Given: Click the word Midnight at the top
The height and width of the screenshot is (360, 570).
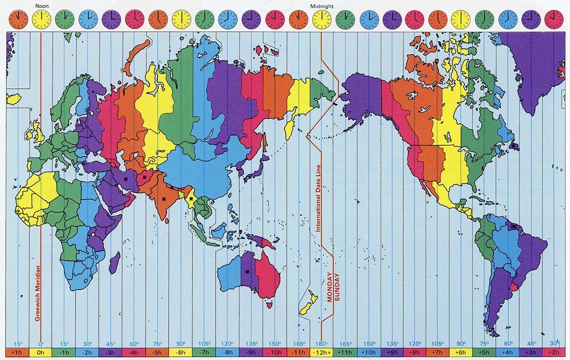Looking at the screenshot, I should pos(322,6).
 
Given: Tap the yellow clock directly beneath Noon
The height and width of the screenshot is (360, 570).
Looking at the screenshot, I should pos(42,19).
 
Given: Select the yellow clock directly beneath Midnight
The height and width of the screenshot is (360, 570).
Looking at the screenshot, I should pos(322,19).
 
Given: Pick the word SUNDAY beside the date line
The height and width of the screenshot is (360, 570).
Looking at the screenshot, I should pos(337,288).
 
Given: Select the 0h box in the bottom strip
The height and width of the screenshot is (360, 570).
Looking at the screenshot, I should pos(41,352).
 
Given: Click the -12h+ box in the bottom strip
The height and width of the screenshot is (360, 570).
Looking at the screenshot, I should pos(322,352).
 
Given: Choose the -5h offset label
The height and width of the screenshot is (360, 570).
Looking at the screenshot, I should pos(158,352).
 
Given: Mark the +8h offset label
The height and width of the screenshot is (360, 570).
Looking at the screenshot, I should pos(415,352).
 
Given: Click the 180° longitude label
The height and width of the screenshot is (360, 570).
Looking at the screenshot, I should pos(322,343).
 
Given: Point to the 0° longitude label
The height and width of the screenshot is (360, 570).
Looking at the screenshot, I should pos(41,343).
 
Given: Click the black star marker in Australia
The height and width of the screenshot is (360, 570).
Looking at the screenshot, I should pos(247,272).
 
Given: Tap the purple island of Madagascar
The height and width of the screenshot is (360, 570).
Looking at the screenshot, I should pos(114,263).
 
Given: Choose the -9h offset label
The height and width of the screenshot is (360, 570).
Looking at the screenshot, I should pos(251,352).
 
